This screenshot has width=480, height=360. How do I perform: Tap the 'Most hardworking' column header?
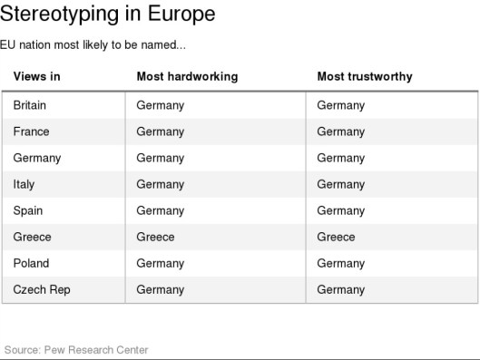point(187,76)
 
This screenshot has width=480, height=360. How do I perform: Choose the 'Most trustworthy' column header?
point(364,76)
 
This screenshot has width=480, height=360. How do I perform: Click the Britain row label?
point(30,105)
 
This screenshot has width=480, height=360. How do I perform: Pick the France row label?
point(32,131)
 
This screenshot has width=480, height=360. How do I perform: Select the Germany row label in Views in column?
point(37,158)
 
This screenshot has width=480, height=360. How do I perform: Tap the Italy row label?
point(24,184)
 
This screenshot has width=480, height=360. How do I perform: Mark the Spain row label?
point(29,210)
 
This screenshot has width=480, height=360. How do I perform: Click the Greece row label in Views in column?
point(33,237)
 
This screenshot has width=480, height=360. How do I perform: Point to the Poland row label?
point(32,263)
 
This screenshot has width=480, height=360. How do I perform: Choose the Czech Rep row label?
point(42,289)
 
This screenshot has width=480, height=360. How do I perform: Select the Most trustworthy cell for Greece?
point(336,237)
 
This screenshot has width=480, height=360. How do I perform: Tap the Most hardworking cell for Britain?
point(160,105)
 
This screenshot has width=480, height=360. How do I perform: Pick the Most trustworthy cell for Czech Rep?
point(340,289)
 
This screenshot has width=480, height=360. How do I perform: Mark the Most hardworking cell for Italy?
point(160,184)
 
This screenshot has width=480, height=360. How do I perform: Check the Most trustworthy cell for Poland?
point(340,263)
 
